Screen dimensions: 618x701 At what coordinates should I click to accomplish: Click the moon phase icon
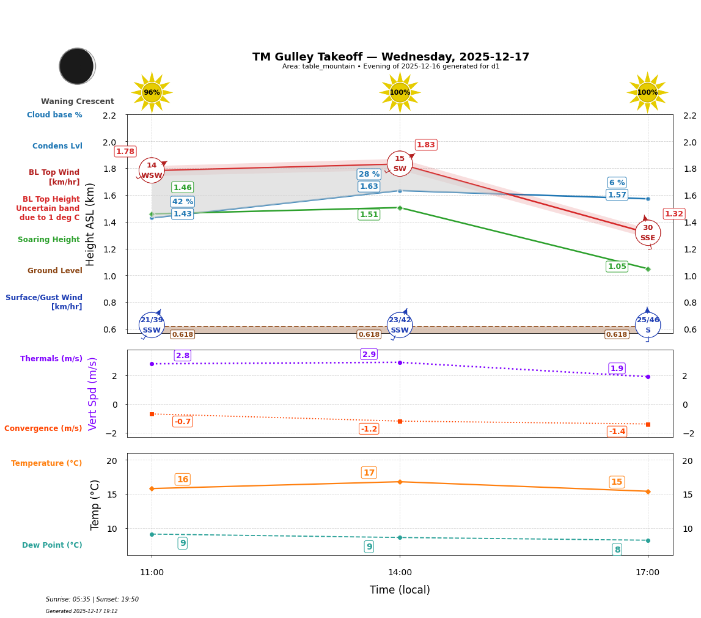[77, 66]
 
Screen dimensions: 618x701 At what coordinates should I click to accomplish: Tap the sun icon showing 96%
[152, 93]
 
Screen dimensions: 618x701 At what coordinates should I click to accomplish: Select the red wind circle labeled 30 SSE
[647, 233]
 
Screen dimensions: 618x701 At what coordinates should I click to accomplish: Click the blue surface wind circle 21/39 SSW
[152, 325]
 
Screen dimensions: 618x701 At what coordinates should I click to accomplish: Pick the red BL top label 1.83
[425, 145]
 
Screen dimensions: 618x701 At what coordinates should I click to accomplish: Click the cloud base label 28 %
[369, 174]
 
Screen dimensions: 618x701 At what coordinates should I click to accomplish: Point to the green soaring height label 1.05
[617, 267]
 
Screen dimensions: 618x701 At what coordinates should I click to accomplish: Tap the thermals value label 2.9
[369, 355]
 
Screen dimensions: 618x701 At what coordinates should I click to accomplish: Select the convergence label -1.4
[617, 432]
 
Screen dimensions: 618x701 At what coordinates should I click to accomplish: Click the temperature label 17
[369, 473]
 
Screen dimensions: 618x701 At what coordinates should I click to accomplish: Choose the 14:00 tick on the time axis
[400, 573]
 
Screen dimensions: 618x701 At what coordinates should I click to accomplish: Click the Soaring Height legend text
[49, 240]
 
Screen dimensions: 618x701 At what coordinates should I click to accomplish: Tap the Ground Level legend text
[54, 271]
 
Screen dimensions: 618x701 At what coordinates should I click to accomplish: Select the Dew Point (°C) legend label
[52, 545]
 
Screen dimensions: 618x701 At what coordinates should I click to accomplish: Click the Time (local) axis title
[400, 590]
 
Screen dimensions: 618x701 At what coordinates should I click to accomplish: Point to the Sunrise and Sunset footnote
[92, 600]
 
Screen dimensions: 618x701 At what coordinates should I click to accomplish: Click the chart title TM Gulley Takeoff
[391, 57]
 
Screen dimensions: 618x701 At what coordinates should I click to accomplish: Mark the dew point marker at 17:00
[647, 540]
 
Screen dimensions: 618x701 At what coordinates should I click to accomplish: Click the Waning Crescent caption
[78, 101]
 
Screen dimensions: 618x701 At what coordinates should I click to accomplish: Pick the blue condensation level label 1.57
[617, 195]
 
